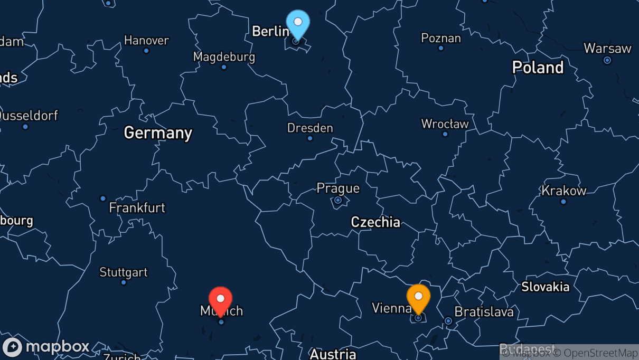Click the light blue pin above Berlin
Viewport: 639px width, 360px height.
298,23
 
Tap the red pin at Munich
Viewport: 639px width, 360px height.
221,300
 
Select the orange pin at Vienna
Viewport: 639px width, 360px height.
418,297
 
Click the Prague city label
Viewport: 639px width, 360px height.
338,188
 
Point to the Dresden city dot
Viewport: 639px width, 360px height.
310,138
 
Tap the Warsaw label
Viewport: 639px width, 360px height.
607,49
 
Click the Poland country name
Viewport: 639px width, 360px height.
538,68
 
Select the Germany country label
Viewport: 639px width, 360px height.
158,132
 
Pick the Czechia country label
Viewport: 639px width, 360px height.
375,222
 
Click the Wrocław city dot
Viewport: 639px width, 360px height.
445,134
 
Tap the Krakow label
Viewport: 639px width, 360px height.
564,191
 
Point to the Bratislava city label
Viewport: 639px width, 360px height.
484,312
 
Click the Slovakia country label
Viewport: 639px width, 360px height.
545,287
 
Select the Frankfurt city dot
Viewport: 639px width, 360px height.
103,198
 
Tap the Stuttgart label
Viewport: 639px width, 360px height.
124,272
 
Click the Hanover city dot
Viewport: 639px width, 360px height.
146,51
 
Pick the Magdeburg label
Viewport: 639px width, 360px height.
224,56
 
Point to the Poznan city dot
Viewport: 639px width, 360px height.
441,48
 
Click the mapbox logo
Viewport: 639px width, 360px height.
46,347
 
